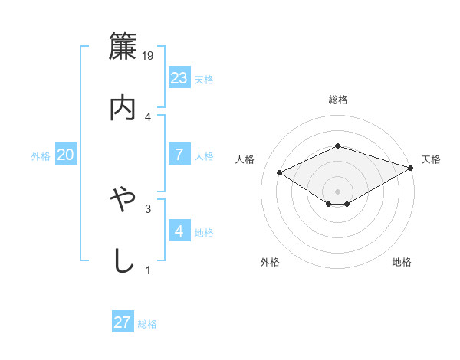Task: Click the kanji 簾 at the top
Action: point(123,47)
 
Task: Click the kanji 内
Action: point(123,107)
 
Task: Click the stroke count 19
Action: point(148,56)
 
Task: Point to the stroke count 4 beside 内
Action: point(148,116)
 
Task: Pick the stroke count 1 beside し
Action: point(148,270)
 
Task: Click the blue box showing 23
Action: point(179,77)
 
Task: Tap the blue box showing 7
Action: point(179,155)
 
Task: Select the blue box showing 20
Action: point(66,155)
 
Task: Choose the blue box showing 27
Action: point(123,322)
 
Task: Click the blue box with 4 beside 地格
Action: point(179,231)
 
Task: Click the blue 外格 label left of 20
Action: point(41,155)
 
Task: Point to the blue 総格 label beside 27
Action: point(147,324)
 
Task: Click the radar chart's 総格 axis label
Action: point(337,100)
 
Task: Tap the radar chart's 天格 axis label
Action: point(432,159)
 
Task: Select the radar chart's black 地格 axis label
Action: point(402,262)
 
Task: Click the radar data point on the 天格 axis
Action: point(412,167)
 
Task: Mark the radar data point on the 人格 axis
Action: point(280,172)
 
